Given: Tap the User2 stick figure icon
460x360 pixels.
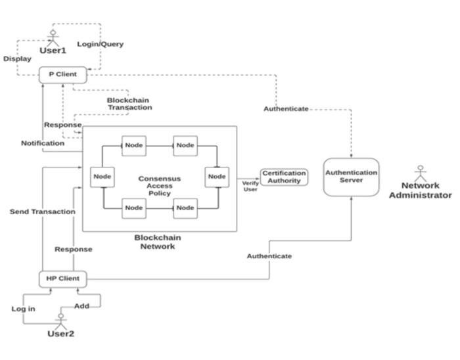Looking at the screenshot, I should tap(60, 320).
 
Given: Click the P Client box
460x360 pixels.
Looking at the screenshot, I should tap(62, 74).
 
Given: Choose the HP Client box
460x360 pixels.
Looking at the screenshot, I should tap(62, 279).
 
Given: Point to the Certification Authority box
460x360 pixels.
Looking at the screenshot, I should tap(284, 177).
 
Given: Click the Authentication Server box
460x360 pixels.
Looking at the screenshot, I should tap(352, 176).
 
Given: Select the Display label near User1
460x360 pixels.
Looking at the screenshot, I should tap(17, 58).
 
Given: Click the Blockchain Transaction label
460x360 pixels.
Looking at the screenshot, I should tap(129, 104).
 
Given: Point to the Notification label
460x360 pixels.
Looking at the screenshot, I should tap(43, 143).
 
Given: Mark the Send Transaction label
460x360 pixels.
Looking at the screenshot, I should tap(42, 212).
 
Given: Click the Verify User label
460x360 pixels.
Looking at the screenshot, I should tap(250, 186).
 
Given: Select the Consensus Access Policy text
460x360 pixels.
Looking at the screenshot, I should tap(159, 185).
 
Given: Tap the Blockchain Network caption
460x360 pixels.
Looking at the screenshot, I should tap(158, 242).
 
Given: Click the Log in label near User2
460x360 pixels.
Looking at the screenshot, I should tap(23, 309).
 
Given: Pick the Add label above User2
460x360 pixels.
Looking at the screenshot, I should tap(81, 307).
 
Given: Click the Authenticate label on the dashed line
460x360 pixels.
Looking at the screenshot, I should tap(286, 108).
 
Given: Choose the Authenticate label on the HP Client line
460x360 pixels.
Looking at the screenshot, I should tap(269, 256).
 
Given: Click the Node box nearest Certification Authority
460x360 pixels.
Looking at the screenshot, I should tap(217, 176).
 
